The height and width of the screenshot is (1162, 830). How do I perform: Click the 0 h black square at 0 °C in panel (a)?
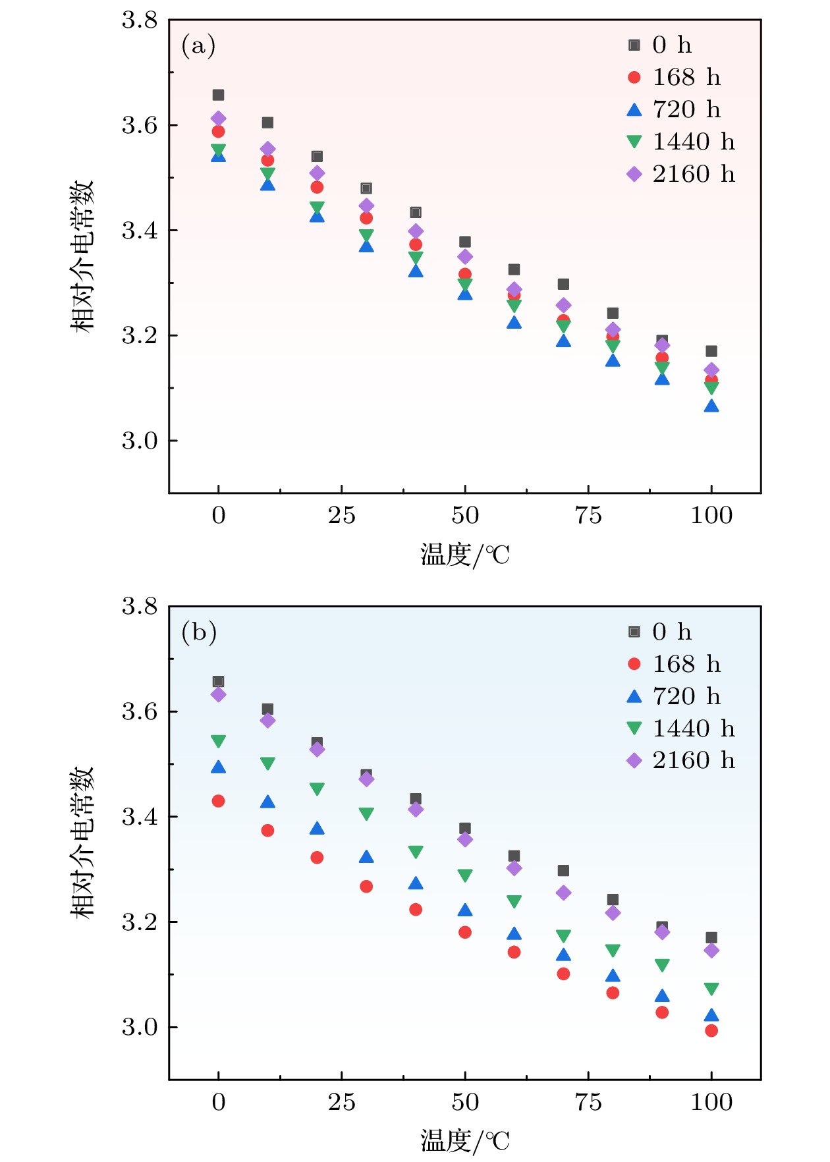(x=218, y=95)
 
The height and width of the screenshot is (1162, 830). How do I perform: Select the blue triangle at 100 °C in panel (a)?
(x=711, y=406)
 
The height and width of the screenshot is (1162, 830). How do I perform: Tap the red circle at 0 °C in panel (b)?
(x=218, y=801)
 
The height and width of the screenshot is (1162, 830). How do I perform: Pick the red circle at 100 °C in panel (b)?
(x=711, y=1030)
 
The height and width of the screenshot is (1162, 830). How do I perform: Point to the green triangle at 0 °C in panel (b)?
(x=218, y=742)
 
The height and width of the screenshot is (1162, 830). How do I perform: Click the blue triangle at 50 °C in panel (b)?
(x=465, y=910)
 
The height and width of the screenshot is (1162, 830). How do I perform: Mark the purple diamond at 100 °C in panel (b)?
(x=711, y=950)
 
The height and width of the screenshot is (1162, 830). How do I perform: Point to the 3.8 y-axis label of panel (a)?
(x=140, y=20)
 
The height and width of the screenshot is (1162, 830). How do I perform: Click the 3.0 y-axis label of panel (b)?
(x=140, y=1027)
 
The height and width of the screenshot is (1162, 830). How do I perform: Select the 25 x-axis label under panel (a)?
(x=341, y=516)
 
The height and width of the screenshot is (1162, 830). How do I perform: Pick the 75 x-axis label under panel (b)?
(x=588, y=1102)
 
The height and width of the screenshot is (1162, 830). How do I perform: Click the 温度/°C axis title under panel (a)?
(x=465, y=555)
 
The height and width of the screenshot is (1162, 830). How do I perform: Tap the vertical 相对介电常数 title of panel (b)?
(x=83, y=843)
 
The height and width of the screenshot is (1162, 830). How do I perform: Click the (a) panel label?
(x=198, y=45)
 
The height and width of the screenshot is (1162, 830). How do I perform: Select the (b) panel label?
(x=199, y=632)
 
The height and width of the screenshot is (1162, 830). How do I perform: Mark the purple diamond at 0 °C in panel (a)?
(x=218, y=119)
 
